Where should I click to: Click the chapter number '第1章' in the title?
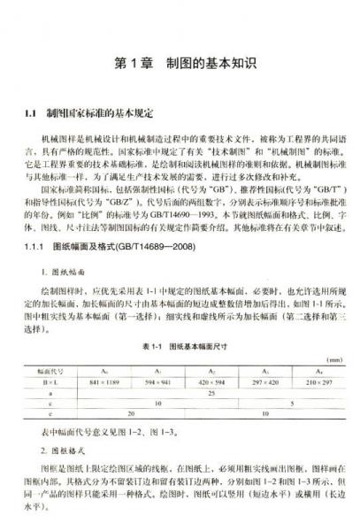(132, 64)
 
